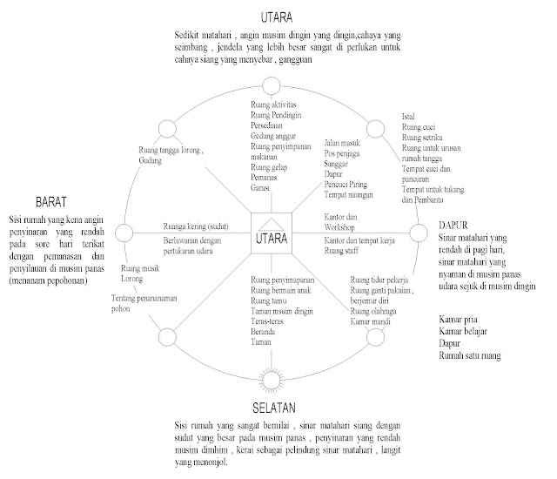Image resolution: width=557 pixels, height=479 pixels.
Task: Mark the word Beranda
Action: [x=263, y=333]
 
